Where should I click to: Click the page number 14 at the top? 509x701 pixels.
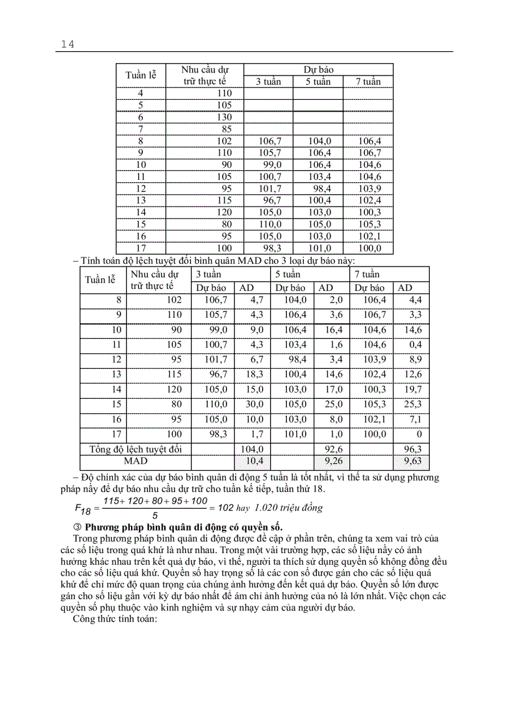[x=68, y=44]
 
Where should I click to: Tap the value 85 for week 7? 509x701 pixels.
[x=226, y=129]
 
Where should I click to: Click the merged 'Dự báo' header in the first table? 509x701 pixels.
[x=318, y=69]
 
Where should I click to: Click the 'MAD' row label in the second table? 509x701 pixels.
[x=136, y=461]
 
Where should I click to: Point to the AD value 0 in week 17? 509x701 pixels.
[x=419, y=434]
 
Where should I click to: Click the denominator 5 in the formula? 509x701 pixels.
[x=155, y=516]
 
